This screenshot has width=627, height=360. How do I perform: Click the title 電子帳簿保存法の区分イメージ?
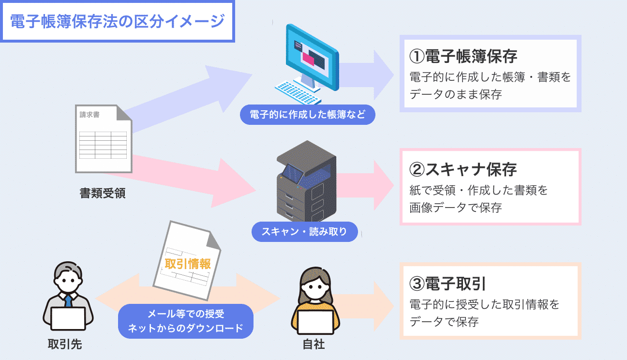[118, 22]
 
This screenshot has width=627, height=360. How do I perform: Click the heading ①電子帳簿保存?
[463, 56]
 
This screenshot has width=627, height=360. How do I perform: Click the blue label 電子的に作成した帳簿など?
[307, 115]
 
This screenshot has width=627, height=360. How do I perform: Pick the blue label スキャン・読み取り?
[304, 231]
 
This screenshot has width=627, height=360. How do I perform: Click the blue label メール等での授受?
[186, 314]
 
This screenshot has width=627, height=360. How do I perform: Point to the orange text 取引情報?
[188, 264]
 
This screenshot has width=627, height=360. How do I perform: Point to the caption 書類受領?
[103, 193]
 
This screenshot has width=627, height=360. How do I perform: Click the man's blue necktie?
[69, 301]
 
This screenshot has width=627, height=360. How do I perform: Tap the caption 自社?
[313, 345]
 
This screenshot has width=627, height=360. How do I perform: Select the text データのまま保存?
[455, 94]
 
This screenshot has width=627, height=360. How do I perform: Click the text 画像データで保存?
[455, 208]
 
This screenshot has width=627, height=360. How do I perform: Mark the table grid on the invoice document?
[103, 144]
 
